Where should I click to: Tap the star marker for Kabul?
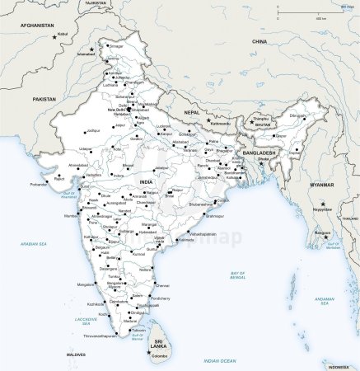pos(54,37)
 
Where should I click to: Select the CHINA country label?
pos(259,40)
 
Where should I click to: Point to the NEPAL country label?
pos(191,111)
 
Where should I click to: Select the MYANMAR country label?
pos(322,185)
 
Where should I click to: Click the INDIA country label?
pos(147,181)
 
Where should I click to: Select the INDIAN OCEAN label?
pos(220,360)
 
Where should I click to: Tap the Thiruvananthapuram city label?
pos(101,336)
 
